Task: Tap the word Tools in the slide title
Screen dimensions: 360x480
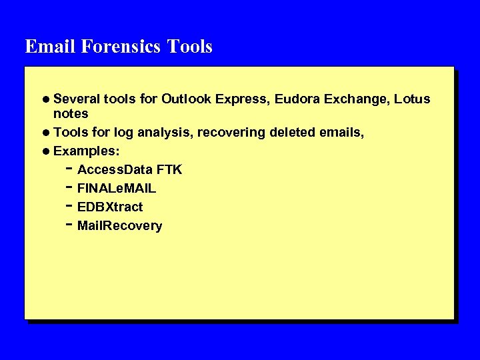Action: coord(190,47)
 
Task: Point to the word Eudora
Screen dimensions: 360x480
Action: coord(296,99)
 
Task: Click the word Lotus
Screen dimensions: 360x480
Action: coord(412,99)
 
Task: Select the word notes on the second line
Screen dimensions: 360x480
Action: coord(71,113)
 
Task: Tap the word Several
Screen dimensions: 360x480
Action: coord(77,99)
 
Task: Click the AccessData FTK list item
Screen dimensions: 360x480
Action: coord(129,170)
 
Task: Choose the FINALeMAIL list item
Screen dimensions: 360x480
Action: coord(117,189)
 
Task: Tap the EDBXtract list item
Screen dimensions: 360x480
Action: coord(110,207)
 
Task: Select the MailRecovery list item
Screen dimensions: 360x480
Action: coord(120,226)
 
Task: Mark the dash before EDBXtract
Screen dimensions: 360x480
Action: coord(69,206)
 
